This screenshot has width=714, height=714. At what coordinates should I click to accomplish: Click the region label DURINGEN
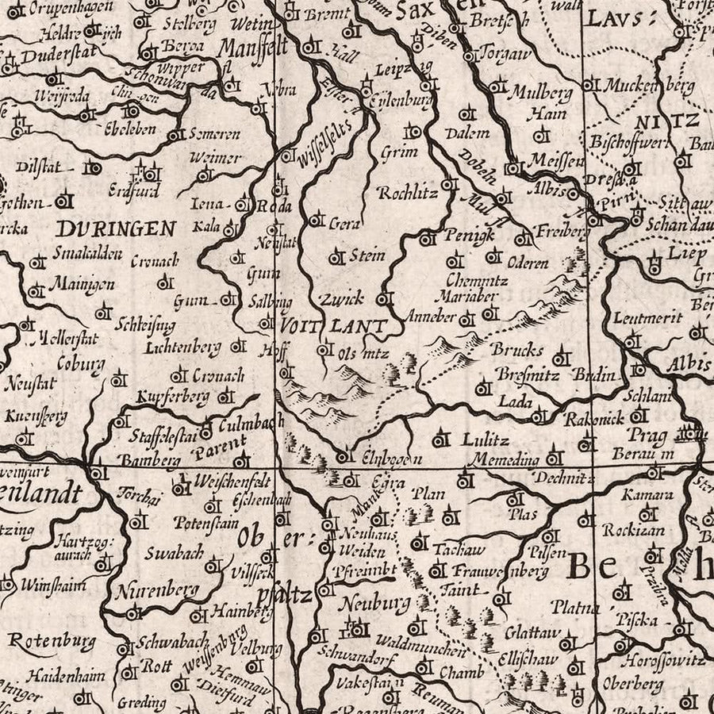pyautogui.click(x=116, y=229)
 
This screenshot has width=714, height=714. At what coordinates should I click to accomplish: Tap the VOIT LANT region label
pyautogui.click(x=333, y=325)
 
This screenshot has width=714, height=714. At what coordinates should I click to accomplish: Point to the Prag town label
pyautogui.click(x=639, y=435)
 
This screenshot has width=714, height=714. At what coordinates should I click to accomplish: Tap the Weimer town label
pyautogui.click(x=215, y=158)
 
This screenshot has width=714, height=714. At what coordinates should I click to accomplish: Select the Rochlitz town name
pyautogui.click(x=407, y=192)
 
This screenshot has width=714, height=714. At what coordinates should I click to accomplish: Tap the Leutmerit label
pyautogui.click(x=647, y=318)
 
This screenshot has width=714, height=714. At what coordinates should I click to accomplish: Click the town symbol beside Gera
pyautogui.click(x=317, y=220)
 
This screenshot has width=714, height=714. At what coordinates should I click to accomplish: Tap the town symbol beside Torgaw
pyautogui.click(x=470, y=56)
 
